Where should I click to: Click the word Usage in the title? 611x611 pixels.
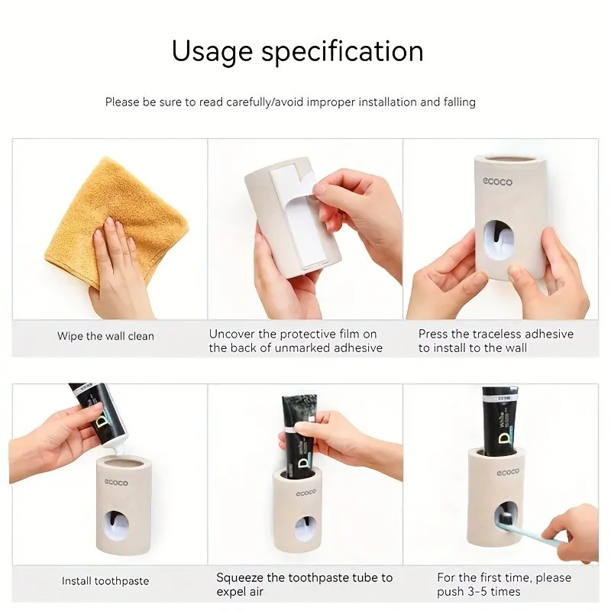pos(212,52)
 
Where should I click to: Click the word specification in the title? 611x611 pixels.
pos(342,50)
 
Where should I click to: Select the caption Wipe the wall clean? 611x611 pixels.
pos(105,336)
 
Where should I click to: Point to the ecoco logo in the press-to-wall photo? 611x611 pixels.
pos(498,182)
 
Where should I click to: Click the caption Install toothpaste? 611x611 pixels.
pos(105,581)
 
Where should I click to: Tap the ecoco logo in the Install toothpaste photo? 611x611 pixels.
pos(116,483)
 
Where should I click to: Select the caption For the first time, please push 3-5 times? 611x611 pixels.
pos(504,584)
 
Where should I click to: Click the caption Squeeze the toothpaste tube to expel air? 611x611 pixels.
pos(304,584)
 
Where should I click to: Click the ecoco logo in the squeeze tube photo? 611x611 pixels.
pos(306,493)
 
